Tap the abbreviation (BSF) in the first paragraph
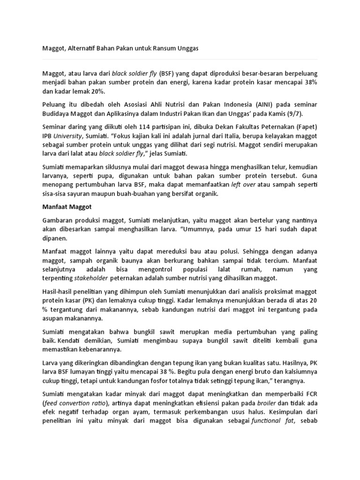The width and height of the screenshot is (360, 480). click(x=166, y=74)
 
